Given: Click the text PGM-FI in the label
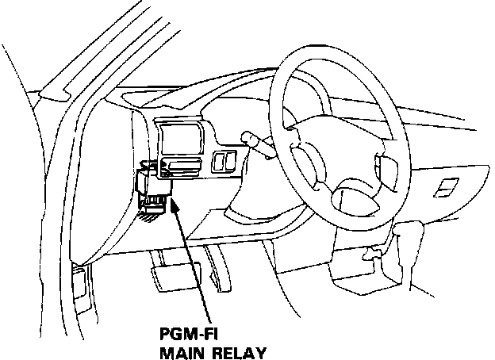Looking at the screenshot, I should [x=185, y=335].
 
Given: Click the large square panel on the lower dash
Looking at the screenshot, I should [x=182, y=140].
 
